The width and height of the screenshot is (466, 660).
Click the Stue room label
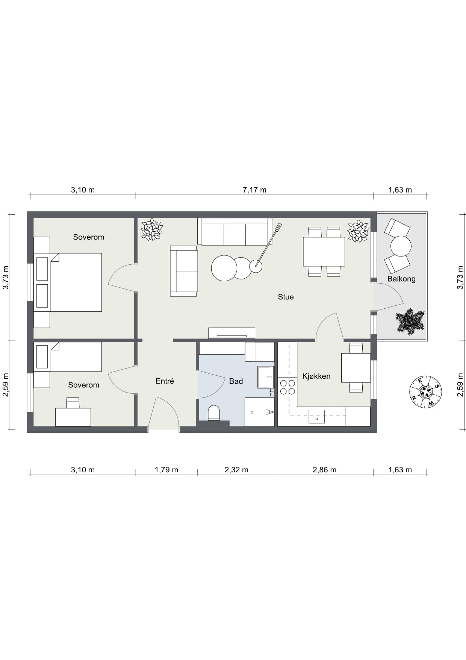click(x=286, y=297)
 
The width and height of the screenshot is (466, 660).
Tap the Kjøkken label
click(x=316, y=376)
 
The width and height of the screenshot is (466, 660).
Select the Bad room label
click(x=236, y=381)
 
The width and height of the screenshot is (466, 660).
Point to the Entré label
click(x=165, y=381)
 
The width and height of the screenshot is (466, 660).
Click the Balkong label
click(x=401, y=279)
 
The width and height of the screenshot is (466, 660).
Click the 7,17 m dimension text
click(x=254, y=190)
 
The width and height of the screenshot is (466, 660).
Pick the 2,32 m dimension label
click(x=236, y=470)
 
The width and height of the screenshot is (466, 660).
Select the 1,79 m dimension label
click(x=166, y=470)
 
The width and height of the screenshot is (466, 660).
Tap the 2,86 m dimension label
click(x=325, y=470)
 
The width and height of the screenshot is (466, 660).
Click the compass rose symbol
click(x=425, y=391)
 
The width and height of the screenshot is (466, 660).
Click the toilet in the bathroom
click(x=214, y=413)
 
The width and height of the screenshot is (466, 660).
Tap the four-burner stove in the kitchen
click(x=287, y=387)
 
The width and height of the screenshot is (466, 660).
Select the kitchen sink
click(x=317, y=416)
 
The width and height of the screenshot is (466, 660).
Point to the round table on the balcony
click(x=401, y=246)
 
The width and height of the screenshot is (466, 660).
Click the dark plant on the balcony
click(x=410, y=322)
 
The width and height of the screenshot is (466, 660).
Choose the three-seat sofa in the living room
click(x=235, y=232)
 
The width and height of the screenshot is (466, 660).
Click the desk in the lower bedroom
click(x=73, y=417)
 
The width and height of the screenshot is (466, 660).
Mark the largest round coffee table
click(x=224, y=268)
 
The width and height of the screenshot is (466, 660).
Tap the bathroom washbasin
click(x=266, y=377)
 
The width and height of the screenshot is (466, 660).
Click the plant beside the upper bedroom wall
click(x=151, y=229)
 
